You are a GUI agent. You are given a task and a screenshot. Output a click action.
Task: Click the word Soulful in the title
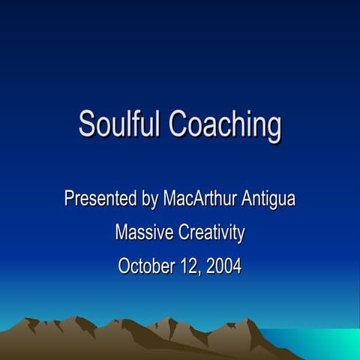point(120,124)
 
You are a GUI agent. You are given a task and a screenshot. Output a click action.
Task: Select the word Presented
point(100,199)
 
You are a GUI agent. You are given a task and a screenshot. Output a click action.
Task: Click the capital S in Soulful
point(87,124)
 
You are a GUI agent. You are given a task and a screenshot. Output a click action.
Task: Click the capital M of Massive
point(121,232)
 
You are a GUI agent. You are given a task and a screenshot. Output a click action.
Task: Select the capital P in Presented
point(69,199)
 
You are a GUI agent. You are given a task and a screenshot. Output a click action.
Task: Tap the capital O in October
point(124,265)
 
